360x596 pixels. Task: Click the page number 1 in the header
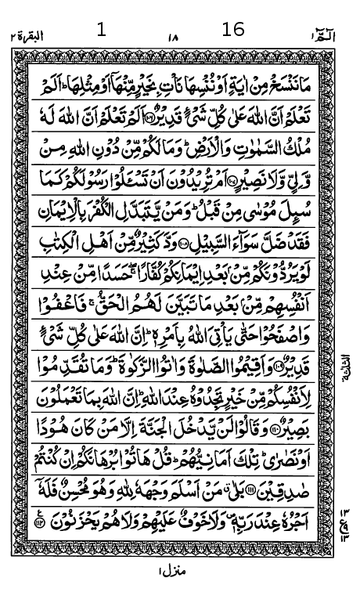tap(100, 31)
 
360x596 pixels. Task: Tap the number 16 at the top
tap(233, 30)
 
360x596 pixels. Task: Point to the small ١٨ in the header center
tap(172, 36)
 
